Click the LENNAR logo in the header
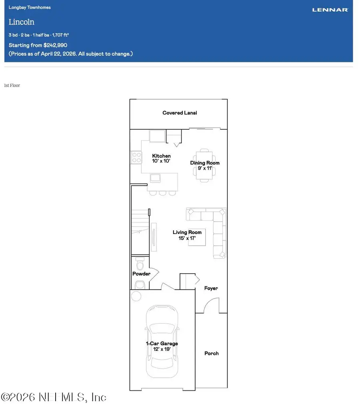(330, 10)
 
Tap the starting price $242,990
(55, 45)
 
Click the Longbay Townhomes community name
(30, 8)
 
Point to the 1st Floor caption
(12, 86)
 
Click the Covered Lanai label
(180, 113)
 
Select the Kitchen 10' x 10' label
(161, 158)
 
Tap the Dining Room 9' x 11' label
(204, 166)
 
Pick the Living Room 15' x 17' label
(187, 235)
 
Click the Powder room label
(141, 274)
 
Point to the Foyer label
(211, 288)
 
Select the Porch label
(211, 353)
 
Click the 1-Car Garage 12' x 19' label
(162, 346)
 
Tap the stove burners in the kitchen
(136, 157)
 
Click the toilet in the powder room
(140, 265)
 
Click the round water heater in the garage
(136, 296)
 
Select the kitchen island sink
(154, 178)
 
